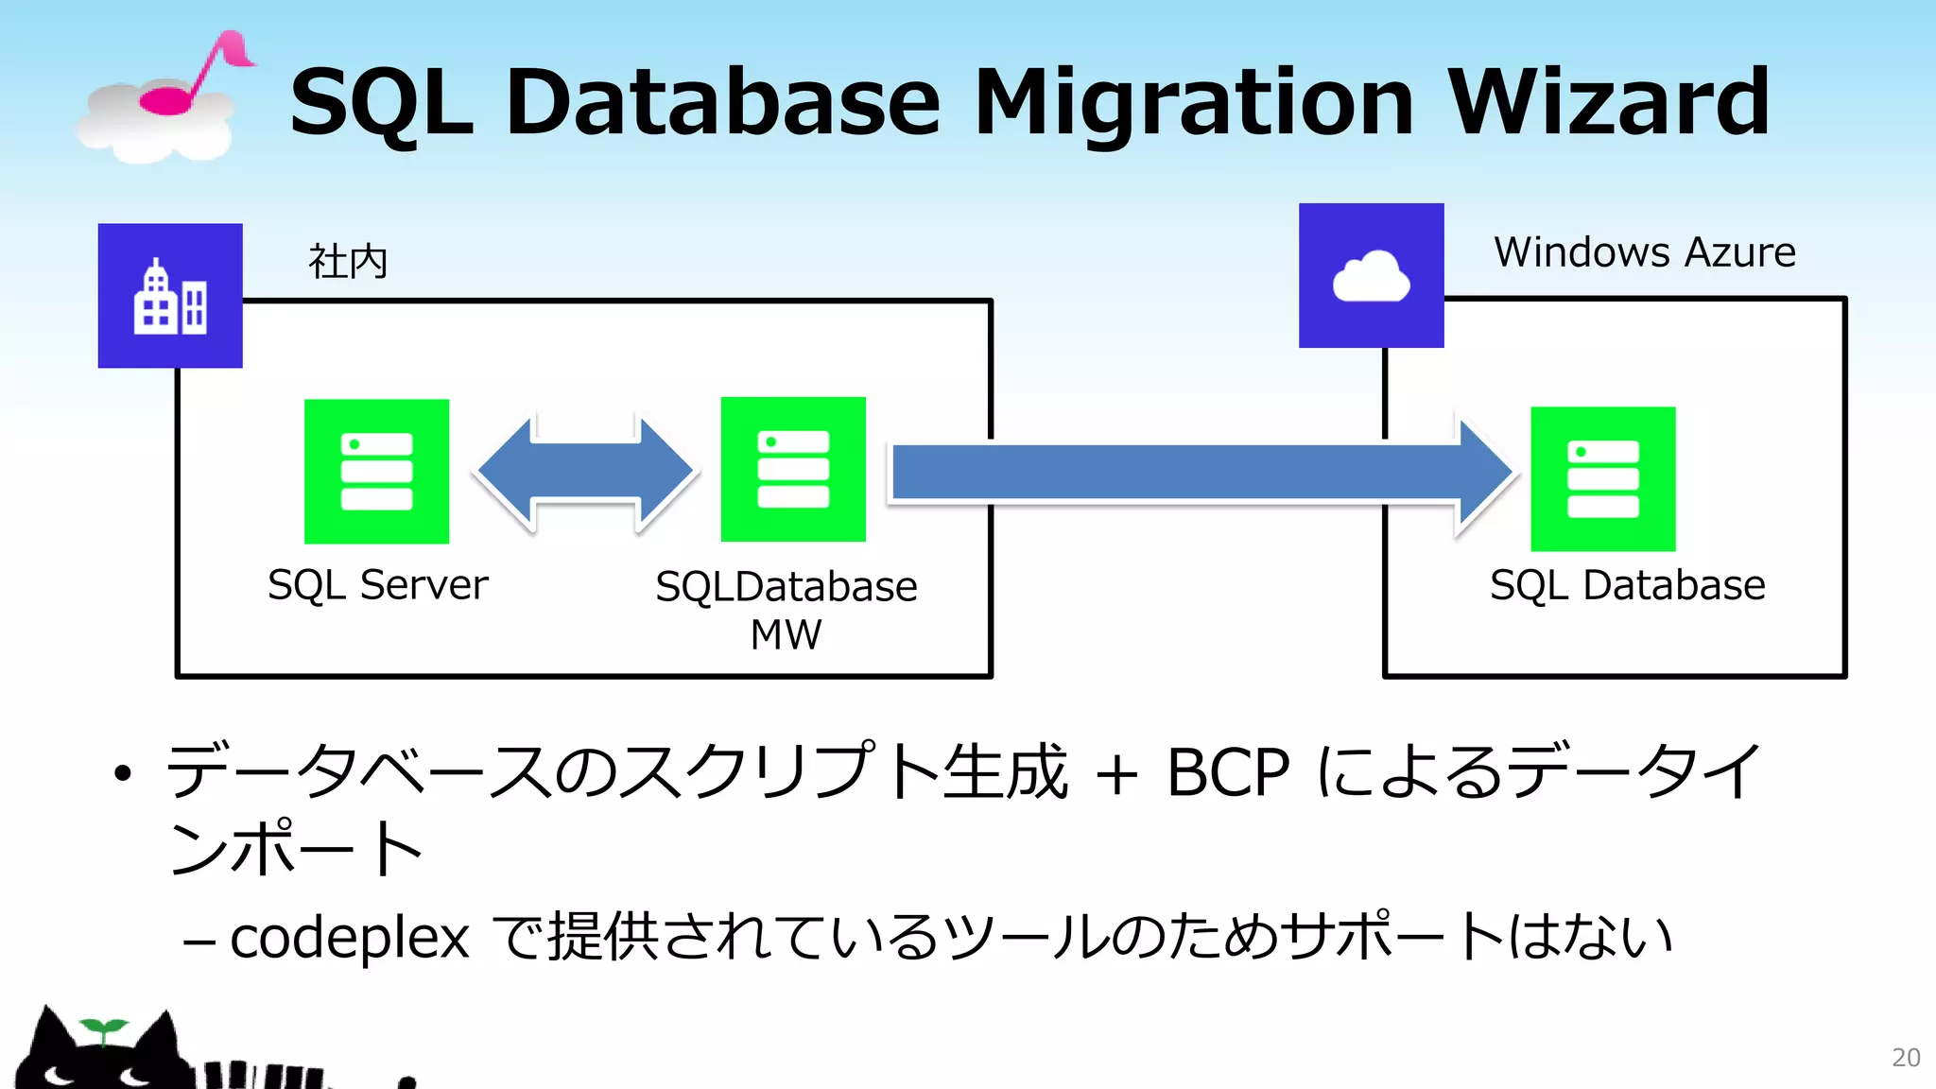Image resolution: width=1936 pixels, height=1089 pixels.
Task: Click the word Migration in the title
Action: tap(1193, 104)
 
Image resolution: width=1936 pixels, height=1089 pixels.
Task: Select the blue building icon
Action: tap(170, 296)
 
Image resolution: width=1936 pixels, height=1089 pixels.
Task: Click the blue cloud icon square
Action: tap(1371, 276)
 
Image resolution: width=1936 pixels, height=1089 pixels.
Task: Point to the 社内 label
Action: tap(348, 262)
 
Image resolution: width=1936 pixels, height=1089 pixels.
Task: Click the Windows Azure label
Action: tap(1644, 252)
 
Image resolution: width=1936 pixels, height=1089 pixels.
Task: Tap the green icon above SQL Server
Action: tap(376, 472)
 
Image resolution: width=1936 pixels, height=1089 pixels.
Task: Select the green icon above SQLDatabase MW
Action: tap(793, 470)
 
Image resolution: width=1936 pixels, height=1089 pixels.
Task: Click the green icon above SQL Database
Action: tap(1602, 479)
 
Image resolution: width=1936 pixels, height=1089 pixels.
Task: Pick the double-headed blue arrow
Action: tap(586, 471)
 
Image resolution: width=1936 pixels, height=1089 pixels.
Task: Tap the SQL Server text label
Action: tap(377, 585)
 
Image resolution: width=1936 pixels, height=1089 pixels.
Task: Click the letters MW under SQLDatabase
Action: tap(786, 634)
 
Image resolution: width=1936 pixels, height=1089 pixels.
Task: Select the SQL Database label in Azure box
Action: tap(1627, 585)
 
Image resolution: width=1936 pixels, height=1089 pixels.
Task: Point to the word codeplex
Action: tap(349, 938)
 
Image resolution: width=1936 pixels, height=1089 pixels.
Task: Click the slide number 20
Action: tap(1905, 1058)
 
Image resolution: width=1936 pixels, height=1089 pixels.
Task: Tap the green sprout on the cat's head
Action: tap(103, 1029)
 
